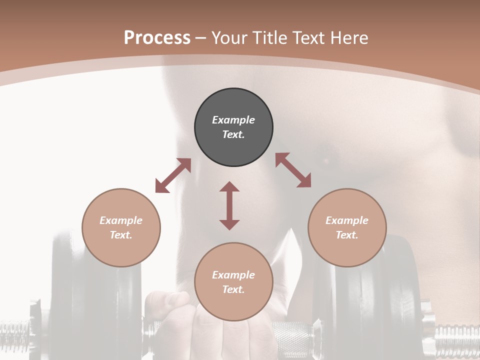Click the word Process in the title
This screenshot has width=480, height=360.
coord(157,38)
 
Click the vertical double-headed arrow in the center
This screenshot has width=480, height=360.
coord(229,205)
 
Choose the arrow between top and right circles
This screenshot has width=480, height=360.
coord(293,170)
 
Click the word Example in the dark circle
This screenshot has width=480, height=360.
coord(233,120)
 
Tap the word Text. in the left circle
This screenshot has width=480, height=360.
coord(121,235)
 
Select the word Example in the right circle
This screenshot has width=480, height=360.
coord(347,220)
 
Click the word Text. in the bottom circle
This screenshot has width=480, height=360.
coord(233,289)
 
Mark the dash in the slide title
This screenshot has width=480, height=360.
coord(200,38)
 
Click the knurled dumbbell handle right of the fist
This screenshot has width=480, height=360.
coord(292,332)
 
